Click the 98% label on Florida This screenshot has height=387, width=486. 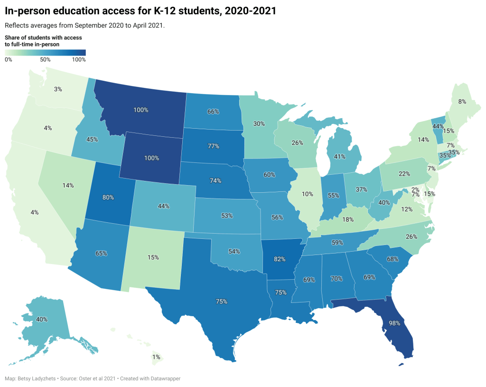(395, 323)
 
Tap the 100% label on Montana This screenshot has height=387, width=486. (140, 110)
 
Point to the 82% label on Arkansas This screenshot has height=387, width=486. (280, 260)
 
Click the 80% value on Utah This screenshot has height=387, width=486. (108, 197)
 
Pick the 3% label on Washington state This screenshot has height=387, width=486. (57, 89)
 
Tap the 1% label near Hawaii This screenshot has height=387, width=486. (156, 357)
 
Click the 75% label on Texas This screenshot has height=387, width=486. (222, 301)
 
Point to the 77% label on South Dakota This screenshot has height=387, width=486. (213, 146)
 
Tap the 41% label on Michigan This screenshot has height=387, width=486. (339, 156)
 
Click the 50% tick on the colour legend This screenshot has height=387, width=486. (45, 60)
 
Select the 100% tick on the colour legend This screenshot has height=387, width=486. (79, 60)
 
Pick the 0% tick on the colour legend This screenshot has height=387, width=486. (9, 60)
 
